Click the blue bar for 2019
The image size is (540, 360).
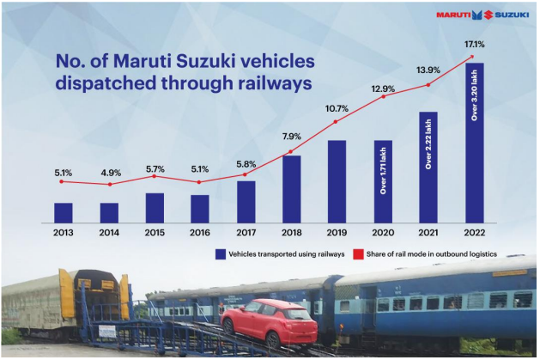(337, 181)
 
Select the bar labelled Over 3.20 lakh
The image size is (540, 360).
(475, 143)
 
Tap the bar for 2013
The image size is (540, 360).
(64, 213)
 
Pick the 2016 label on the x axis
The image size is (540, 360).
(200, 233)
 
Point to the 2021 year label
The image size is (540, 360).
(428, 233)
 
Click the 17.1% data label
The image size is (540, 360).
(474, 44)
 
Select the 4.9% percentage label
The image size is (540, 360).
(111, 173)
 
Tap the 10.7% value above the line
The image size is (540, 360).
(337, 109)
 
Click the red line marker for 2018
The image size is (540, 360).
(291, 151)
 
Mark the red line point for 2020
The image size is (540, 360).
(383, 96)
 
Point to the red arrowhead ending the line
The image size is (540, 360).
(472, 57)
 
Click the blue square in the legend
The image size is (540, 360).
(221, 254)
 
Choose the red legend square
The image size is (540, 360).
(358, 254)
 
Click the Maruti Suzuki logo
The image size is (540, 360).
(482, 15)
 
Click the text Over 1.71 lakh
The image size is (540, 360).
(383, 170)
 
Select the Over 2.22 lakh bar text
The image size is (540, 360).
(428, 144)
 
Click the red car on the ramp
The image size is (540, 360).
(269, 322)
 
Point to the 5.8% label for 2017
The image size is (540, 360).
(246, 164)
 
